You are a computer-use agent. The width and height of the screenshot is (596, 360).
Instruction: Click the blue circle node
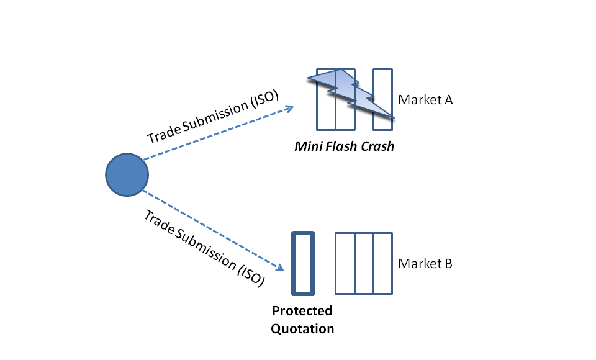[x=127, y=175]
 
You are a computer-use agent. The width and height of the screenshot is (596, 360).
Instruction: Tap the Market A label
[x=425, y=99]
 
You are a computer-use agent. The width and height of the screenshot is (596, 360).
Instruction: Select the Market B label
[x=425, y=263]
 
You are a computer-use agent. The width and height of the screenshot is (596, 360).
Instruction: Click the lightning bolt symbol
[x=350, y=93]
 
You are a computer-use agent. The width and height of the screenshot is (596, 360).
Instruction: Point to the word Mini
[x=309, y=146]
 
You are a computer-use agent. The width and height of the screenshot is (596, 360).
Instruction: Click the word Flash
[x=341, y=146]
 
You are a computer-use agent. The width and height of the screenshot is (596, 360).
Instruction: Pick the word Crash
[x=377, y=146]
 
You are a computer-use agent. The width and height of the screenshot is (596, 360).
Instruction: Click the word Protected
[x=302, y=311]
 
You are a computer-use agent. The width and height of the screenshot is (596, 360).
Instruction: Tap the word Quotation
[x=302, y=329]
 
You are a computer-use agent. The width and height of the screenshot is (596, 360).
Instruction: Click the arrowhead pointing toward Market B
[x=280, y=268]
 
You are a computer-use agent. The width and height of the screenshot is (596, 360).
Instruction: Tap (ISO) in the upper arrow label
[x=264, y=99]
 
